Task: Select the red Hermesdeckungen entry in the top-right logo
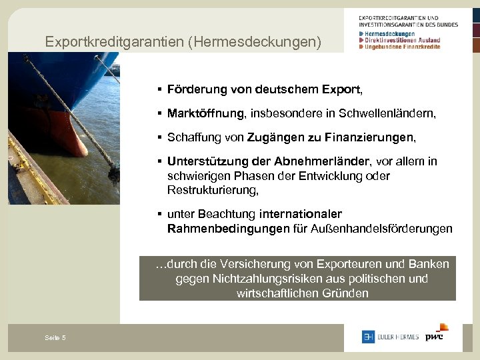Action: pos(390,33)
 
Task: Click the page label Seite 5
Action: pos(55,338)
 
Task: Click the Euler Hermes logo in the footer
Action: pos(390,337)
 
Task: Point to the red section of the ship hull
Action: pos(60,130)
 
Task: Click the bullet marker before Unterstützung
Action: pos(160,162)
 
